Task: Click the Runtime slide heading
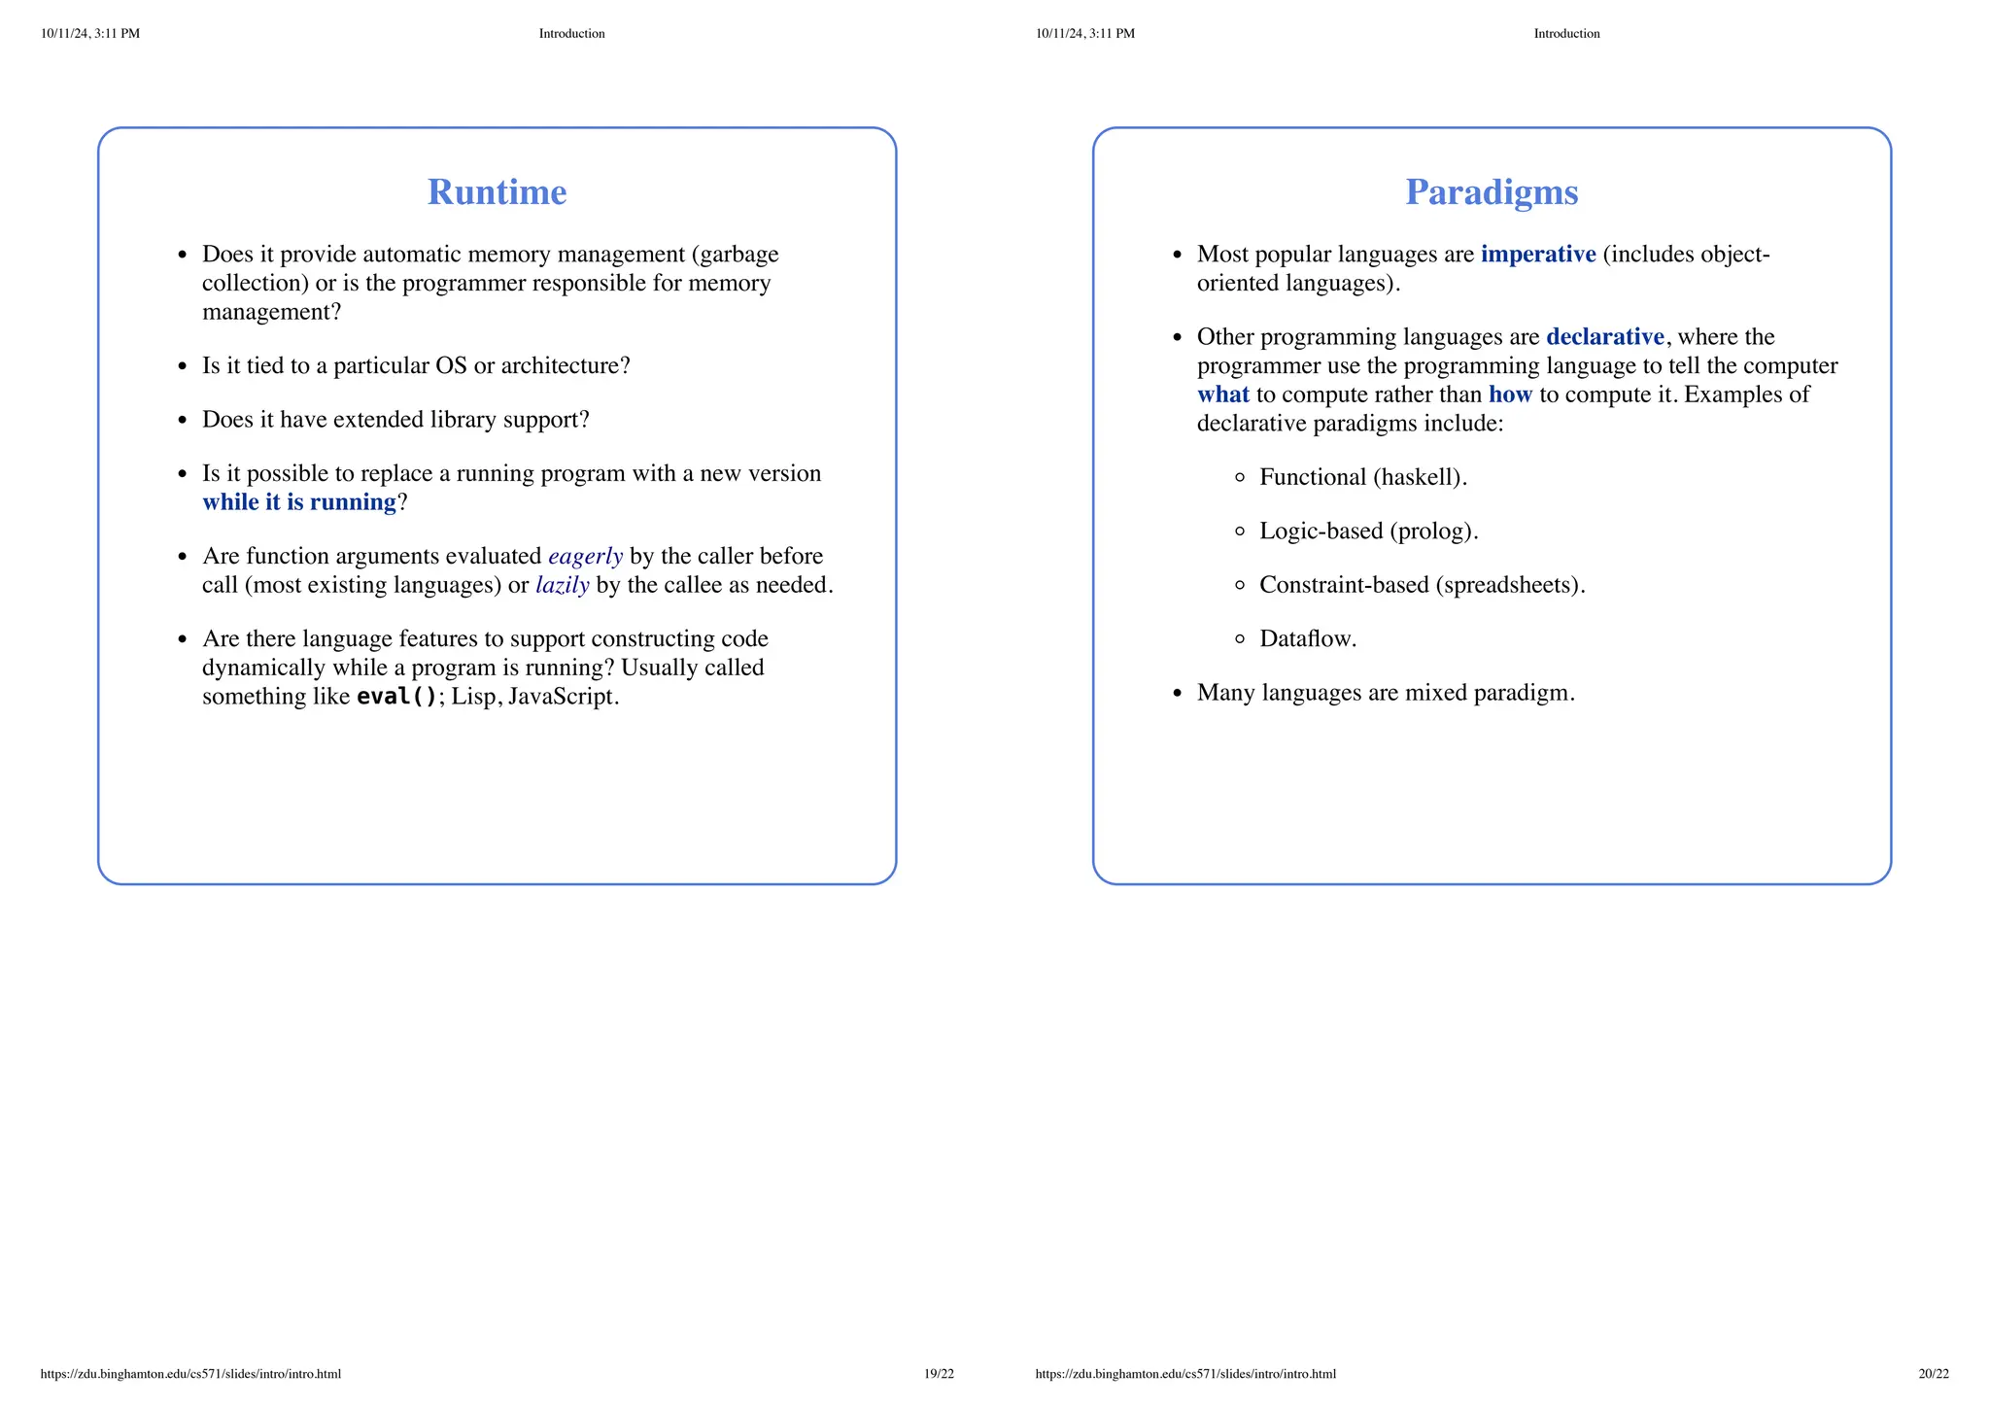[x=497, y=192]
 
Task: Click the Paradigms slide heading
[x=1492, y=192]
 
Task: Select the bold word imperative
[x=1537, y=255]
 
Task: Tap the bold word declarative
[x=1604, y=337]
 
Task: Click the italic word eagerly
[x=585, y=557]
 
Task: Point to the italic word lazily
[x=562, y=585]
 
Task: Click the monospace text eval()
[x=397, y=697]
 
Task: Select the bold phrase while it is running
[x=299, y=502]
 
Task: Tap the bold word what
[x=1222, y=394]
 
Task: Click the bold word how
[x=1509, y=394]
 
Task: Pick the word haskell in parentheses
[x=1420, y=477]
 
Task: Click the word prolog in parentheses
[x=1433, y=532]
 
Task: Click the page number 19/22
[x=939, y=1374]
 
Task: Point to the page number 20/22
[x=1933, y=1374]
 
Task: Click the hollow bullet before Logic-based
[x=1239, y=532]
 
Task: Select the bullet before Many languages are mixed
[x=1178, y=694]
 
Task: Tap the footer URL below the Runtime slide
[x=190, y=1374]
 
